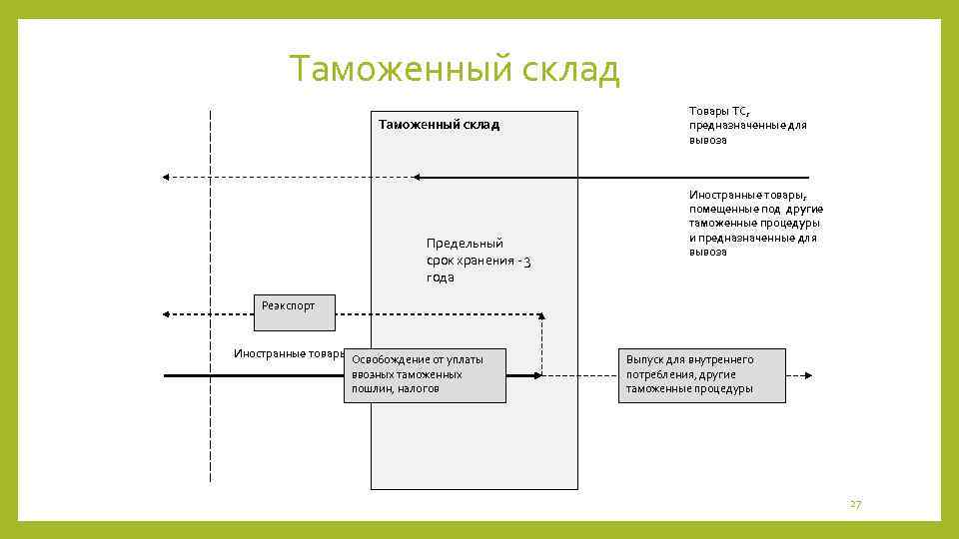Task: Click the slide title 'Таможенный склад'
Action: pyautogui.click(x=455, y=70)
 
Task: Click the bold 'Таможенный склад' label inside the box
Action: pyautogui.click(x=439, y=125)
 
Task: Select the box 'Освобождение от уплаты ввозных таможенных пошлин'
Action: pyautogui.click(x=425, y=374)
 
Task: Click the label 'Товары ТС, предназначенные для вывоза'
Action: pyautogui.click(x=747, y=125)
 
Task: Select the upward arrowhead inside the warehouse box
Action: pyautogui.click(x=541, y=316)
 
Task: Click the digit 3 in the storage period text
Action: pyautogui.click(x=527, y=262)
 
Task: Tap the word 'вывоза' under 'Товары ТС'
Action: pyautogui.click(x=707, y=141)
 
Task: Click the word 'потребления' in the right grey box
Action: pyautogui.click(x=658, y=374)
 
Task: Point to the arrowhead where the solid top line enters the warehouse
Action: pyautogui.click(x=417, y=177)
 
